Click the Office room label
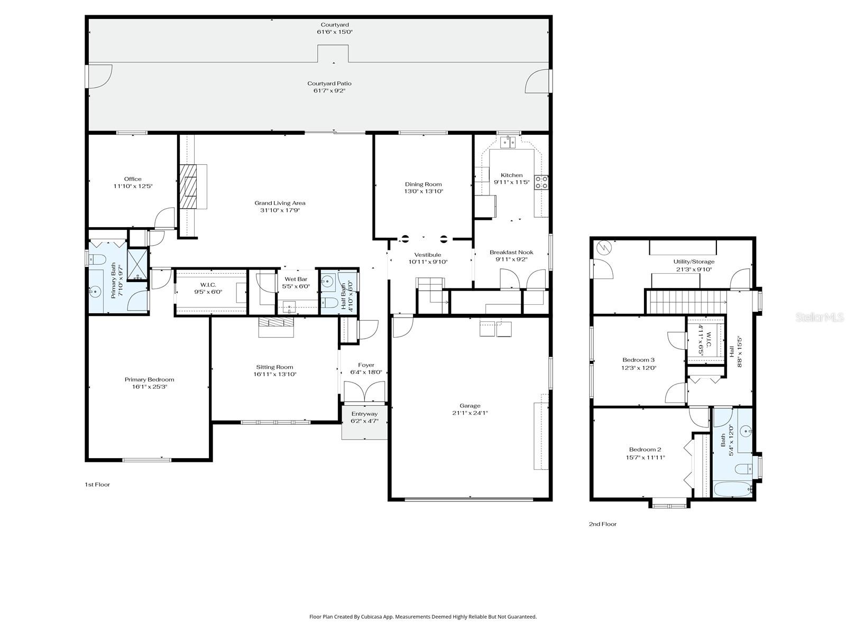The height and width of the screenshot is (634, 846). click(133, 179)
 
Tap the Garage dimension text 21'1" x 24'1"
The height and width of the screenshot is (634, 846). click(470, 413)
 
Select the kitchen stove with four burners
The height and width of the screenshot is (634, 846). click(542, 182)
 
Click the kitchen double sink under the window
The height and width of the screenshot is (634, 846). click(508, 142)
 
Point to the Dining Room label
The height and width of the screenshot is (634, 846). click(424, 184)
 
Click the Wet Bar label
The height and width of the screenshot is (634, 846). click(296, 279)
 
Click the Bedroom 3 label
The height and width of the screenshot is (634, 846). click(638, 360)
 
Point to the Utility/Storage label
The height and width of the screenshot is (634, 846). click(693, 262)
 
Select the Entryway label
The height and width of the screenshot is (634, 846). click(364, 414)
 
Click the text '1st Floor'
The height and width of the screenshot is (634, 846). click(97, 484)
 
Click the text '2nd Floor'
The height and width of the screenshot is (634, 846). click(603, 524)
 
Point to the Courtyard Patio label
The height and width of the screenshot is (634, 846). click(329, 83)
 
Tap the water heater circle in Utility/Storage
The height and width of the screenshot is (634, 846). click(604, 247)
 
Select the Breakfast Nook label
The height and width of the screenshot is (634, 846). click(511, 253)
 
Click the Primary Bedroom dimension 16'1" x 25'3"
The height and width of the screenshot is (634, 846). click(149, 387)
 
